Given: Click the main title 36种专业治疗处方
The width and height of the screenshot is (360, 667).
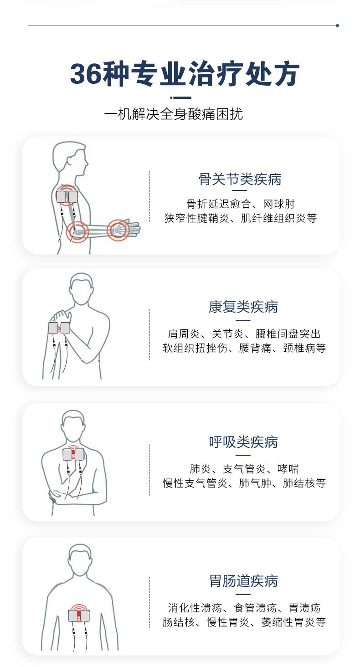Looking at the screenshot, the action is (x=185, y=73).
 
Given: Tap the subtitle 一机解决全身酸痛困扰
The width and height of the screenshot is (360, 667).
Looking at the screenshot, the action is (x=173, y=114).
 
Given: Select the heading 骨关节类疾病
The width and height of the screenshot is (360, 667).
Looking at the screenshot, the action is (x=240, y=179).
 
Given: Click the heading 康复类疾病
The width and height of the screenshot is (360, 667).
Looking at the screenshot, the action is (x=243, y=307).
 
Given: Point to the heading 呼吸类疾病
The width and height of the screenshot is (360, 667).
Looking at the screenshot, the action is (x=243, y=442).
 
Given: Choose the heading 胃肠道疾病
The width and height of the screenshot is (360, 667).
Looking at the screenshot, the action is (x=244, y=581).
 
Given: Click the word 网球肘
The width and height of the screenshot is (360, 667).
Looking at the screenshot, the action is (x=279, y=204).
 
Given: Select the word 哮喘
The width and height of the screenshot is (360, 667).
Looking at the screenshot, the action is (x=288, y=469).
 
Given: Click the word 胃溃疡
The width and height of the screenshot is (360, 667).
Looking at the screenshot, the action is (x=304, y=608).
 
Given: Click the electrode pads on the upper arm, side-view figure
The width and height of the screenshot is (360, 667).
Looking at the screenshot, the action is (x=67, y=197).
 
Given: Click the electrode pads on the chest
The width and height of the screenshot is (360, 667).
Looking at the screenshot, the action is (x=73, y=454).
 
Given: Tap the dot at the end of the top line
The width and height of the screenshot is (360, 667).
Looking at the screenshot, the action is (x=337, y=26).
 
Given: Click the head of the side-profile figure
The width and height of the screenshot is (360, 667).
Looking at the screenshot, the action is (x=71, y=157).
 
